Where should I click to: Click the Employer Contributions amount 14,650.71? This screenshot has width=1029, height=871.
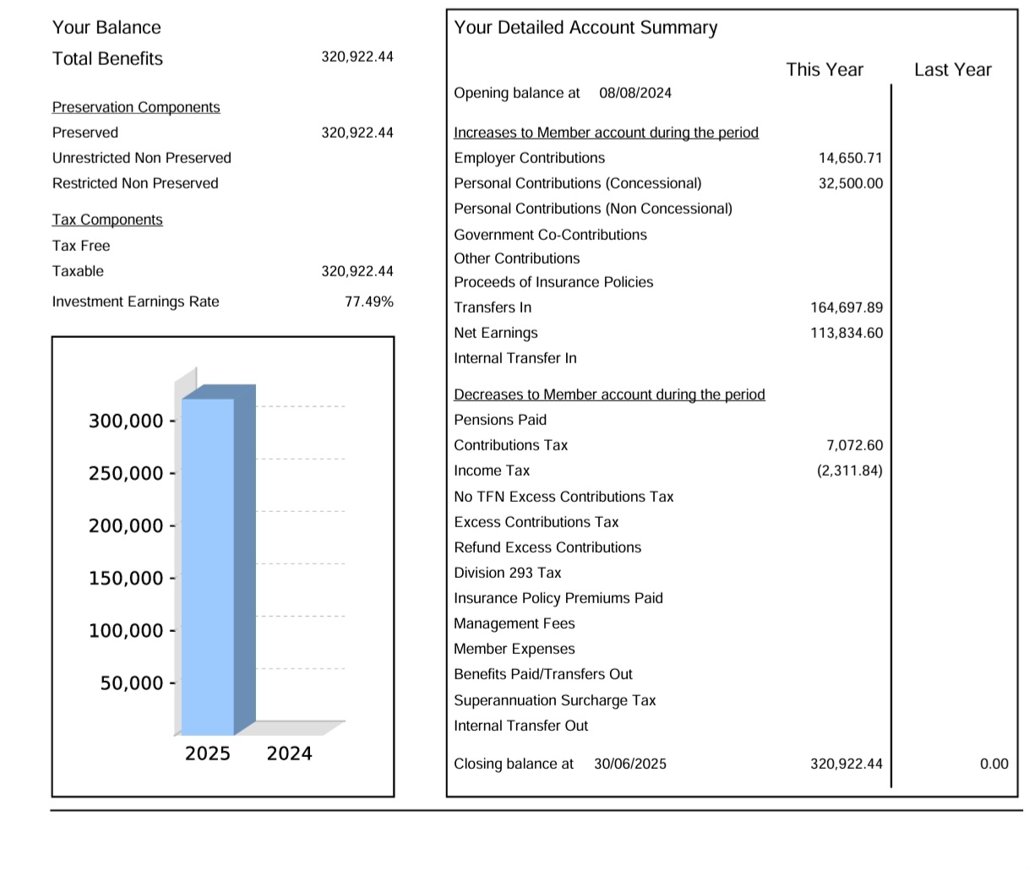point(850,158)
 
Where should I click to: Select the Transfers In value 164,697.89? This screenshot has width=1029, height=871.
point(847,308)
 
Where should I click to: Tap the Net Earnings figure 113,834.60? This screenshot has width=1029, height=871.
point(847,333)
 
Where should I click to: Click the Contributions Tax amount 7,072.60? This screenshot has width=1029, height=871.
point(854,445)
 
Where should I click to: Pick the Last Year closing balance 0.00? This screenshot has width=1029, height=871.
point(994,764)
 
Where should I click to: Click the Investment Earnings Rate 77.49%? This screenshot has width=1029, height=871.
point(369,302)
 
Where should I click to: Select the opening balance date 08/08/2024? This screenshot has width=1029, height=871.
point(635,93)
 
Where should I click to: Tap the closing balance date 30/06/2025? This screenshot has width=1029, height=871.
point(629,764)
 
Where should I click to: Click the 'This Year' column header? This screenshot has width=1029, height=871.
point(825,69)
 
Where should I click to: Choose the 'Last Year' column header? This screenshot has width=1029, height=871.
point(952,69)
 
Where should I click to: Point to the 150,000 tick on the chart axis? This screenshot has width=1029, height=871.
point(127,579)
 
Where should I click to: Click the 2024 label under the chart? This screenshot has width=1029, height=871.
point(289,754)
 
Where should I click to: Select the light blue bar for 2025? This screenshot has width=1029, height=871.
point(208,566)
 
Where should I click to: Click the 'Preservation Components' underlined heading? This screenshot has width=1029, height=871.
point(136,107)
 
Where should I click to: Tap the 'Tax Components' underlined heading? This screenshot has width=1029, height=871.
point(107,220)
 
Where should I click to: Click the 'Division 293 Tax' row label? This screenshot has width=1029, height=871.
point(507,573)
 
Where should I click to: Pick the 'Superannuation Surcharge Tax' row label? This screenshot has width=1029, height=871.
point(554,700)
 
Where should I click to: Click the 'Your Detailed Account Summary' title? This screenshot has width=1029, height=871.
point(585,28)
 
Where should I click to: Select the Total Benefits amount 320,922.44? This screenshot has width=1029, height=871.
point(357,57)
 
